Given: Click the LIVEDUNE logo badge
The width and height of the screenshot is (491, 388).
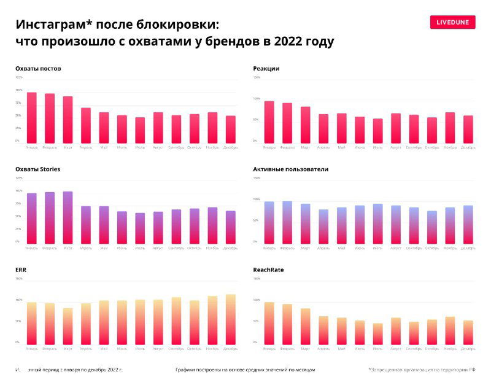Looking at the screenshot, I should point(452,22).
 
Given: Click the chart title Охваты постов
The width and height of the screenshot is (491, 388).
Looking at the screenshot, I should point(38,68).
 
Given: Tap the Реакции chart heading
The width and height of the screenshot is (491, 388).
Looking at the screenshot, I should point(266,68).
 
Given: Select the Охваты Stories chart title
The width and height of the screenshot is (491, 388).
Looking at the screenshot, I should point(37,169).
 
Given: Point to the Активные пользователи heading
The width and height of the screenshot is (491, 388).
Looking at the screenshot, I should point(290,169).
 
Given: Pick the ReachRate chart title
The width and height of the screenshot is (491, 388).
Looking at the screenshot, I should point(268,270).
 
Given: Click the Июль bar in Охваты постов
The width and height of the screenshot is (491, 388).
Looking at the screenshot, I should point(141,130).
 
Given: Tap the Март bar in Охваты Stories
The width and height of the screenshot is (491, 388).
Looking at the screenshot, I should point(68,218).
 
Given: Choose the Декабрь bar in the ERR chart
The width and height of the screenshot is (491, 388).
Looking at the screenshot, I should point(230,320).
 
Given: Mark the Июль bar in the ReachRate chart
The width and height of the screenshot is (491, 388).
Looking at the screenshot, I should point(377,334).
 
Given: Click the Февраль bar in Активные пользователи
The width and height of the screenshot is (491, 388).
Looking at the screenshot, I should point(287,222).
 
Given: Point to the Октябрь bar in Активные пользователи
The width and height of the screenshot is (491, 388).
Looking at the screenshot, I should point(432,227).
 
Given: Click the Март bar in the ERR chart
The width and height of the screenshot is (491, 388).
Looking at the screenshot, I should point(68,327).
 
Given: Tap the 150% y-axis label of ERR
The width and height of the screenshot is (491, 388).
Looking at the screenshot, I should point(18,279).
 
